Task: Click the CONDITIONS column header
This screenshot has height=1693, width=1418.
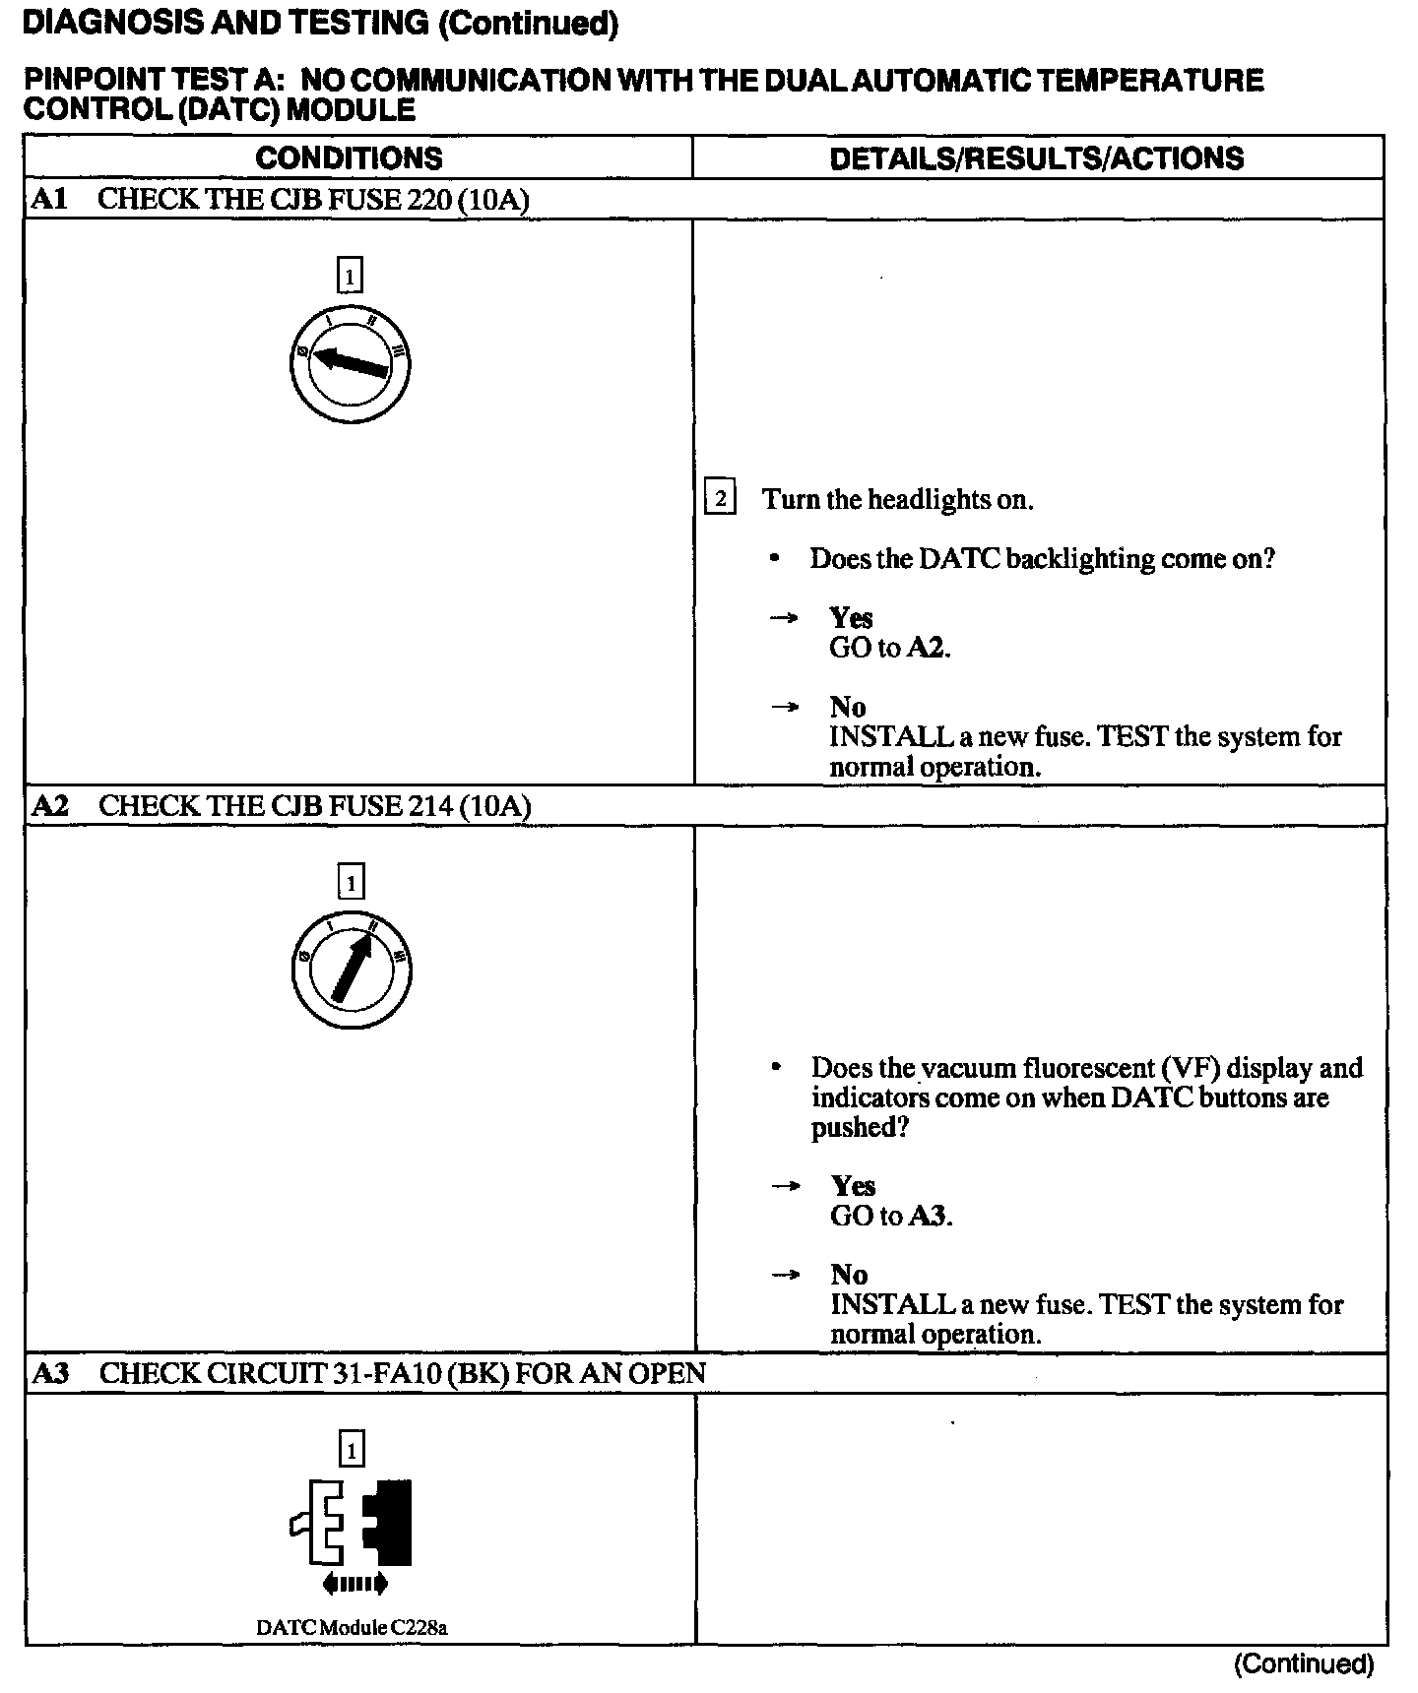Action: pos(349,158)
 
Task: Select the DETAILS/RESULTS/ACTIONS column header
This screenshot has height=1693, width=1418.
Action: pos(1036,158)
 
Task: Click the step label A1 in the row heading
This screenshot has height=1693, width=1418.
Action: pos(49,200)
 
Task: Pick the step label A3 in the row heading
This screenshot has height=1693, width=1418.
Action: pos(50,1373)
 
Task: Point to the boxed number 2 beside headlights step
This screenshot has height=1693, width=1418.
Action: pos(720,499)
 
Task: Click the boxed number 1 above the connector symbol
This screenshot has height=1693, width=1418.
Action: pos(351,1449)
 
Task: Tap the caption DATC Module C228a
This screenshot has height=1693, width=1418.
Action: pos(352,1627)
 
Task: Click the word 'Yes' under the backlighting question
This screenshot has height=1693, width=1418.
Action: pos(851,618)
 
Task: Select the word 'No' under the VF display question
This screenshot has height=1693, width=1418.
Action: pos(848,1275)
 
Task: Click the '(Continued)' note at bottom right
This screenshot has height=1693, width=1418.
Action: pos(1303,1663)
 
